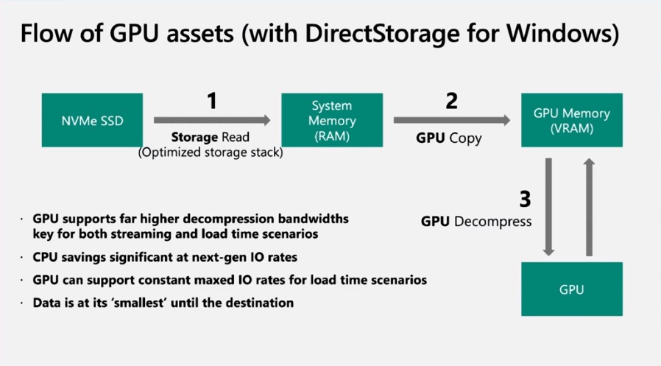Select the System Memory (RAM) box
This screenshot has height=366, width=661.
point(333,120)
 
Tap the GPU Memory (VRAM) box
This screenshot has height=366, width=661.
point(571,120)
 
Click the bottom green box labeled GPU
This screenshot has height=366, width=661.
point(571,289)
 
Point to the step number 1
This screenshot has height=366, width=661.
point(212,101)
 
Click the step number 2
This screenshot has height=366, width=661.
point(452,101)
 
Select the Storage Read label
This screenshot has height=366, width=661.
point(211,137)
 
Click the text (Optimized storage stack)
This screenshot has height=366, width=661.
point(211,152)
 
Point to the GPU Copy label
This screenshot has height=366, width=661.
point(449,137)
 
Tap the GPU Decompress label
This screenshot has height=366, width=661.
point(476,221)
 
